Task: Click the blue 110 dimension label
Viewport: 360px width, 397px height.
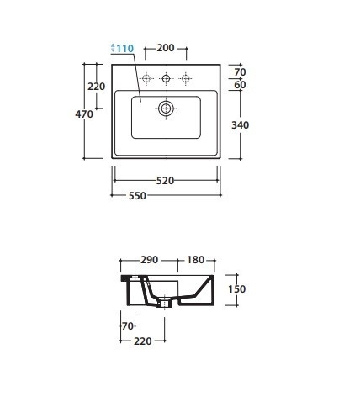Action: [x=125, y=49]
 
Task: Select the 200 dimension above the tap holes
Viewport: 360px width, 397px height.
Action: [x=166, y=48]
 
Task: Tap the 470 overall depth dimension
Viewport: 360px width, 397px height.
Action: [x=84, y=114]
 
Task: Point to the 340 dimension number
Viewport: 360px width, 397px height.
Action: [x=241, y=125]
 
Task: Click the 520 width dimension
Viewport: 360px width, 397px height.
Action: [x=165, y=181]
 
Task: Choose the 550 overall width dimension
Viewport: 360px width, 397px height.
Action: [x=137, y=196]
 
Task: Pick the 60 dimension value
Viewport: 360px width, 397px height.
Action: [x=240, y=85]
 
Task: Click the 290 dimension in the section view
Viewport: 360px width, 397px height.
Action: [x=150, y=260]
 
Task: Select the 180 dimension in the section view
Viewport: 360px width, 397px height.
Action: [x=196, y=260]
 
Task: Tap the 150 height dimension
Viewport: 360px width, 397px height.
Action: [x=237, y=289]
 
